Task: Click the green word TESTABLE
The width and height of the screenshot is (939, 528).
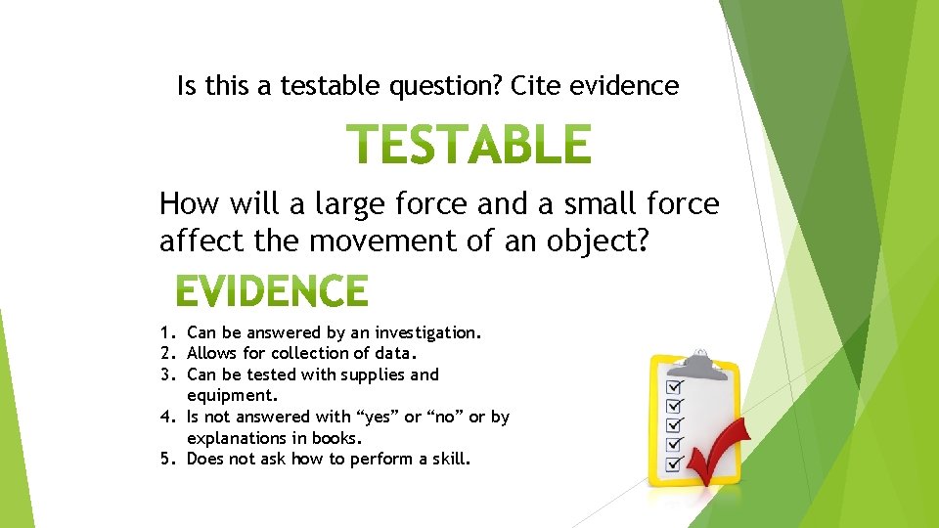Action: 469,145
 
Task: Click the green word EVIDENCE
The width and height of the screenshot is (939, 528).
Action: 272,291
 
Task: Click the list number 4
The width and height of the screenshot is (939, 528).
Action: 167,417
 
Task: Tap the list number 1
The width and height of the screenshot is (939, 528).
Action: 167,332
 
